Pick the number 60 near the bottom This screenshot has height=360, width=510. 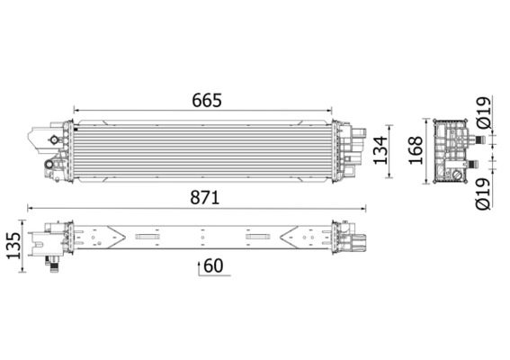coord(212,266)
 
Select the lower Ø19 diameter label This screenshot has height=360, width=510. coord(483,192)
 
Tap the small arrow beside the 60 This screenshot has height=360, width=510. coord(197,267)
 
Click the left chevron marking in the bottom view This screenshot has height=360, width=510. coord(112,238)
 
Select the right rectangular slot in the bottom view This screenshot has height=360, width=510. coord(259,238)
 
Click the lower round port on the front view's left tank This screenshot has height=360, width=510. coord(49,166)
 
